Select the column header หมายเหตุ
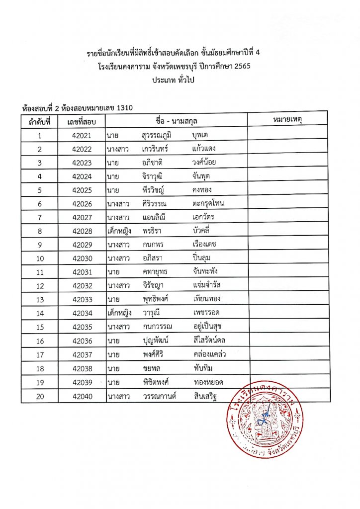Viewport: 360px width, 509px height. tap(288, 120)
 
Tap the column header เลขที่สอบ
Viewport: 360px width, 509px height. tap(82, 121)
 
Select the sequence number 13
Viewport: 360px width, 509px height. tap(40, 299)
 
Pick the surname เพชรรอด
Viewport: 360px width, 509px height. tap(206, 313)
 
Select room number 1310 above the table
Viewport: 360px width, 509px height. tap(123, 107)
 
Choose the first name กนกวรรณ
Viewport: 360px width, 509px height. tap(158, 326)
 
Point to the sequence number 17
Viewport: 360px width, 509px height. tap(40, 353)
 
